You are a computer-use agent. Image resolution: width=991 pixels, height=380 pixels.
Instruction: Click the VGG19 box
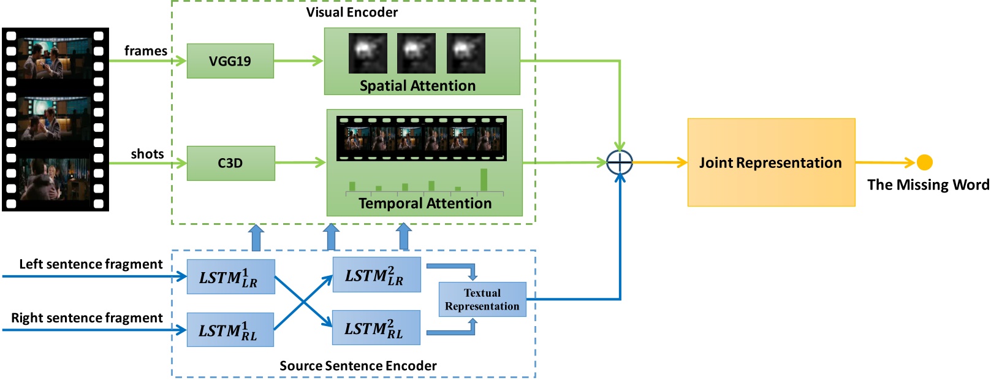[230, 61]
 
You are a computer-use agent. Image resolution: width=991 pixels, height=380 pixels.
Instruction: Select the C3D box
[230, 163]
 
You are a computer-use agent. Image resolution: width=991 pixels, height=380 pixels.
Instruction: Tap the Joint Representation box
[771, 162]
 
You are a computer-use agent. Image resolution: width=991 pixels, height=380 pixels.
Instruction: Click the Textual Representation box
[482, 299]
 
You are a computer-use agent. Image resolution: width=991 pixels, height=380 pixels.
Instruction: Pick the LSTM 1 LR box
[230, 277]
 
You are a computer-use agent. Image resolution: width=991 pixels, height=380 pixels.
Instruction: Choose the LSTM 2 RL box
[376, 329]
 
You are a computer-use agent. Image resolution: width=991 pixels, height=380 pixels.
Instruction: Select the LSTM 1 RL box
[230, 330]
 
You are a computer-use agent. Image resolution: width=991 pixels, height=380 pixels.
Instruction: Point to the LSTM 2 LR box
[376, 275]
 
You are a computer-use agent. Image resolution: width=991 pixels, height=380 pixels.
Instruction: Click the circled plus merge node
[620, 162]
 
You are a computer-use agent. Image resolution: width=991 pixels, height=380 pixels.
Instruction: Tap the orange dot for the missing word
[924, 162]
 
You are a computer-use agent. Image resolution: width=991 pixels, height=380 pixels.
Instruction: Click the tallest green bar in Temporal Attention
[484, 180]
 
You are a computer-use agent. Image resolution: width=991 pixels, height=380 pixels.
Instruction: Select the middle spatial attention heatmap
[416, 53]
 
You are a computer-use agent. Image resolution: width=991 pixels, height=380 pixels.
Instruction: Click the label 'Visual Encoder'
[352, 12]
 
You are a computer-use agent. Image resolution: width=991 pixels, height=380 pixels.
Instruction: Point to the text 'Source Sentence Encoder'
[358, 366]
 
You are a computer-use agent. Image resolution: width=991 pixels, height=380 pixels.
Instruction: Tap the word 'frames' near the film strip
[145, 51]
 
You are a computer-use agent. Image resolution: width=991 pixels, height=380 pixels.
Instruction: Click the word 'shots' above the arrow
[147, 154]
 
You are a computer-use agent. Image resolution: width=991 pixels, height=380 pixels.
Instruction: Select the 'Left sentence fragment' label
[91, 264]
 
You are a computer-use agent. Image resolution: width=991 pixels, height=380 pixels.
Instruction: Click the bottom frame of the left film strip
[55, 179]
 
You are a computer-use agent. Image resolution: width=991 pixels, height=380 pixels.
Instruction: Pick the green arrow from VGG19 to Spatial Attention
[298, 61]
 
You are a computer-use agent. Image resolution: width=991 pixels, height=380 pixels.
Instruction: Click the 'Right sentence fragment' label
[87, 318]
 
